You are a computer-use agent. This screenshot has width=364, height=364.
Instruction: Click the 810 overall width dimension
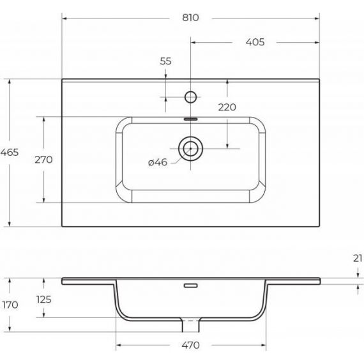click(190, 18)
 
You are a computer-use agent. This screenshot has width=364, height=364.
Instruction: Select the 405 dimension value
click(255, 42)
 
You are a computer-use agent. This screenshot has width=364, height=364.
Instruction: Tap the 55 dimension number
click(166, 61)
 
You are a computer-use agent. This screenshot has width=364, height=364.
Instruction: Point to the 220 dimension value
click(227, 107)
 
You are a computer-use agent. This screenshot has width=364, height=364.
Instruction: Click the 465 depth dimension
click(10, 153)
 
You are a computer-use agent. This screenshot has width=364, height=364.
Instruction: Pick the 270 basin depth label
click(43, 160)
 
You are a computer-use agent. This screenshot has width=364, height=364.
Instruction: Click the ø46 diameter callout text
click(158, 162)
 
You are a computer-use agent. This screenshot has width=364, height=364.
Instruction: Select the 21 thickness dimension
click(358, 259)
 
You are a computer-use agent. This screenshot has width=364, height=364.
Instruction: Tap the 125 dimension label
click(43, 300)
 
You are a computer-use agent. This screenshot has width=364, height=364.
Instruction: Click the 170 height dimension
click(10, 305)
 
